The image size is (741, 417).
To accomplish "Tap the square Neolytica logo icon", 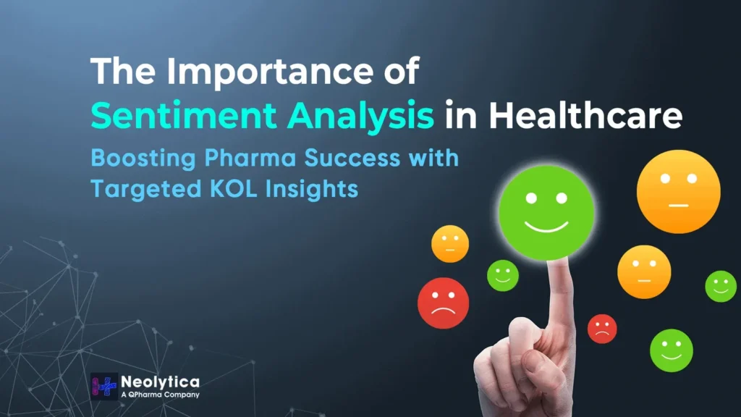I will coord(104,387).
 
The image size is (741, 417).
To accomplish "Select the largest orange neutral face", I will coord(678,191).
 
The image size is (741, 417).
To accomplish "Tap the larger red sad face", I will coord(443,303).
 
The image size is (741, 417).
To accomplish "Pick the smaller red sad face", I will coord(601,329).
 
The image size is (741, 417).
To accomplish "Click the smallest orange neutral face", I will coord(449,244).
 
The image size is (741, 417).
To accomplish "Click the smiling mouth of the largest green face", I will coord(546,227).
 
